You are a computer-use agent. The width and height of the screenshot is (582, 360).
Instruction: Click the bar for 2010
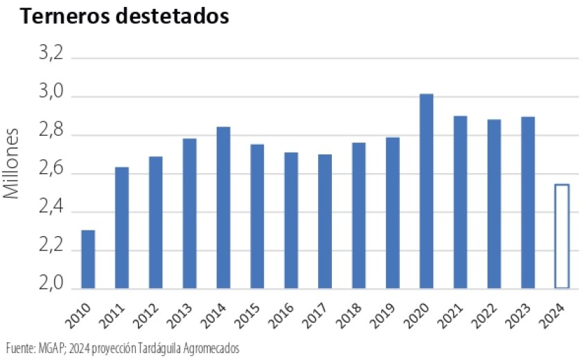(x=88, y=259)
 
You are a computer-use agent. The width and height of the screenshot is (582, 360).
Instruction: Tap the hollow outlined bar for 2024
(x=561, y=236)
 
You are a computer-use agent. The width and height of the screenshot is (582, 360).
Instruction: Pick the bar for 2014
(x=223, y=208)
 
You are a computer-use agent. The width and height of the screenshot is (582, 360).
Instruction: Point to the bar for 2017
(x=325, y=222)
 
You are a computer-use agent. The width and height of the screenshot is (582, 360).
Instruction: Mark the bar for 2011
(x=122, y=228)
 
